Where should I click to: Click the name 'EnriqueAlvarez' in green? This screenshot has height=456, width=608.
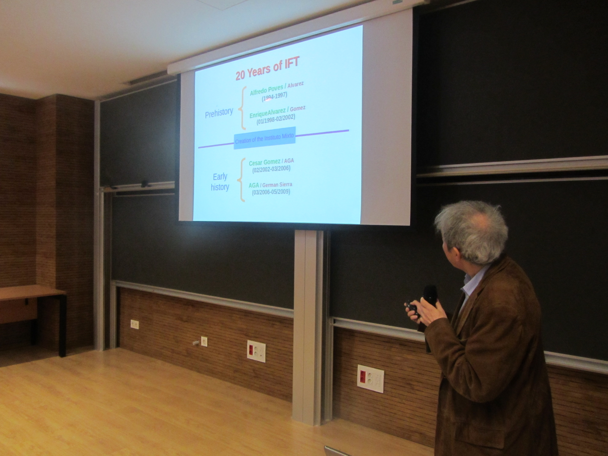pos(267,113)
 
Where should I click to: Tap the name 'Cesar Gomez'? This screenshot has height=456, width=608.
pos(264,162)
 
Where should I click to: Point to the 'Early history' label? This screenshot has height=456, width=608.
pos(220,182)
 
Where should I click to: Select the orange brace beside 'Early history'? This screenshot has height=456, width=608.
pos(241,180)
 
